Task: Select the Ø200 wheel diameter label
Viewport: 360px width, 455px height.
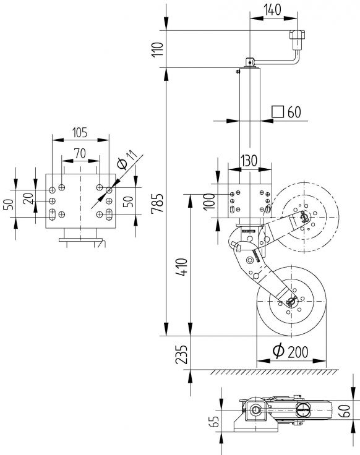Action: coord(290,351)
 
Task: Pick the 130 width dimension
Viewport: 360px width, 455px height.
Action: coord(249,160)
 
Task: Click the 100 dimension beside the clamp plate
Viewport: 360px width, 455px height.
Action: coord(208,201)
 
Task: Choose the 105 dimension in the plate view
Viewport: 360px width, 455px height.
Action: coord(79,132)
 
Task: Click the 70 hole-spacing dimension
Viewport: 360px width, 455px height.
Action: coord(79,151)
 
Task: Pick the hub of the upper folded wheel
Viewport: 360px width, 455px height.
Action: coord(304,216)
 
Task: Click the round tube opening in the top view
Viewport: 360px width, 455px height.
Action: coord(256,409)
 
